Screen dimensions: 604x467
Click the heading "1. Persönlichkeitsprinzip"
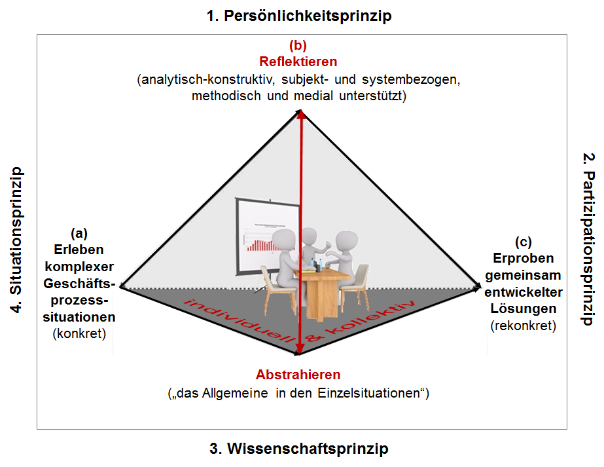click(x=299, y=16)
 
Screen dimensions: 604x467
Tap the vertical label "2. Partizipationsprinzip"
click(x=588, y=239)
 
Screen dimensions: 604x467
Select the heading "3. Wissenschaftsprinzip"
click(x=299, y=449)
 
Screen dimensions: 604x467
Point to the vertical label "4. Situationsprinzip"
click(x=16, y=240)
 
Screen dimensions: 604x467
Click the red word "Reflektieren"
click(x=298, y=62)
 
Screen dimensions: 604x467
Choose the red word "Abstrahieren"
click(x=298, y=375)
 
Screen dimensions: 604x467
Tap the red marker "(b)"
click(x=298, y=45)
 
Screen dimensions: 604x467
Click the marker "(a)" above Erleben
click(x=79, y=233)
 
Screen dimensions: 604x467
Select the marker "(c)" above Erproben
click(x=523, y=242)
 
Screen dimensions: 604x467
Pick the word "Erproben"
click(x=523, y=258)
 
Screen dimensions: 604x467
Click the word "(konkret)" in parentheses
click(x=79, y=333)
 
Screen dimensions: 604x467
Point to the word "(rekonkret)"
click(x=523, y=326)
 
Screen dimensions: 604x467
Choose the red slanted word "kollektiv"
click(x=370, y=318)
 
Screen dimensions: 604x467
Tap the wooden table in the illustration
click(x=323, y=292)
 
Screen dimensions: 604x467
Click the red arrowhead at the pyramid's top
click(x=301, y=115)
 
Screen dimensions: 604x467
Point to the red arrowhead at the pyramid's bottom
click(x=299, y=350)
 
